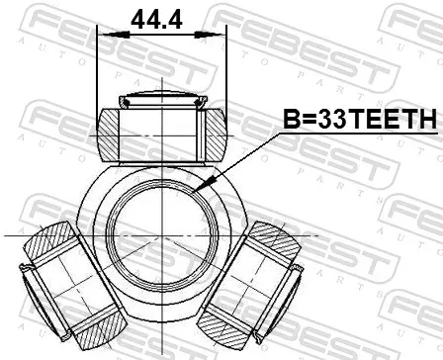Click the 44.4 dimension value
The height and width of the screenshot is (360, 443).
click(x=156, y=20)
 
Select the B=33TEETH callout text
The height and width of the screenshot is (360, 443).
click(x=360, y=119)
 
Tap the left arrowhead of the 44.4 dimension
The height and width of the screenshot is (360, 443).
click(x=116, y=35)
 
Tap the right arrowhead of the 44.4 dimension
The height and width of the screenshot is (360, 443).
click(x=208, y=35)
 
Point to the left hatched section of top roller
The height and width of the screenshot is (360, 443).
click(x=108, y=135)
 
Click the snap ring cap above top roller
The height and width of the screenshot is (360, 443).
click(x=163, y=100)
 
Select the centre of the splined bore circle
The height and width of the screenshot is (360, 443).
click(x=162, y=236)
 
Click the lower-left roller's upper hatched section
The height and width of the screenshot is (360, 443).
click(x=50, y=242)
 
